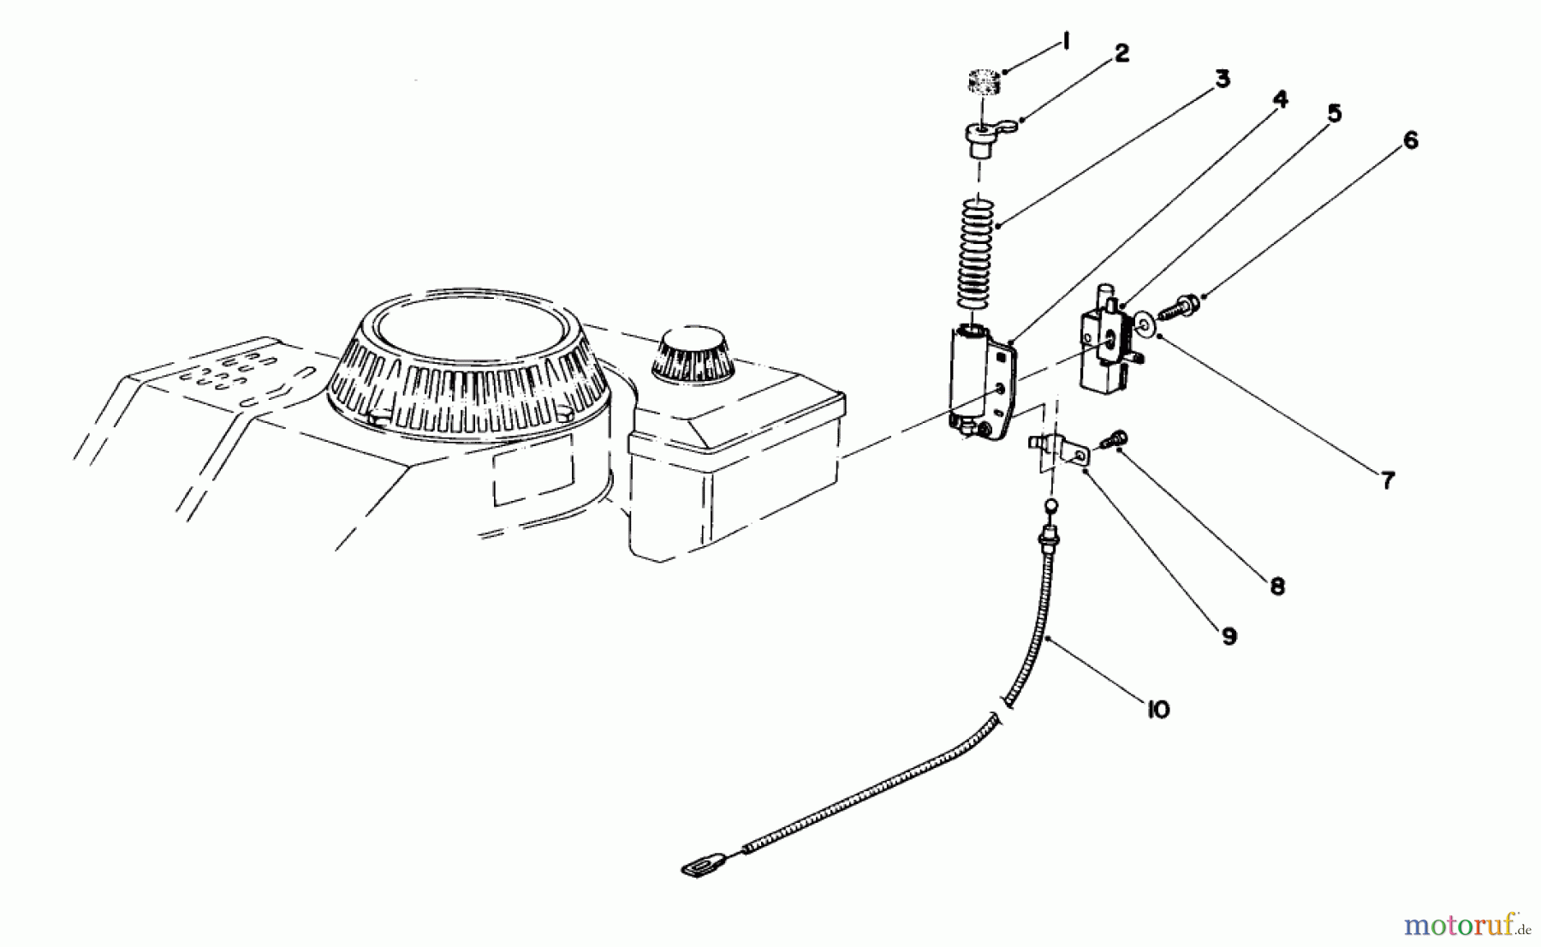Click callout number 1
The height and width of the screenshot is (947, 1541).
[1065, 42]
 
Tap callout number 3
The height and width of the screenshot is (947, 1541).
[1222, 80]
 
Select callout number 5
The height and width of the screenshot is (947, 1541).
[1334, 114]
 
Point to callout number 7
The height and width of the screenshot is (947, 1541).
[1388, 480]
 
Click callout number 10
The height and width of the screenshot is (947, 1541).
[1157, 710]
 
